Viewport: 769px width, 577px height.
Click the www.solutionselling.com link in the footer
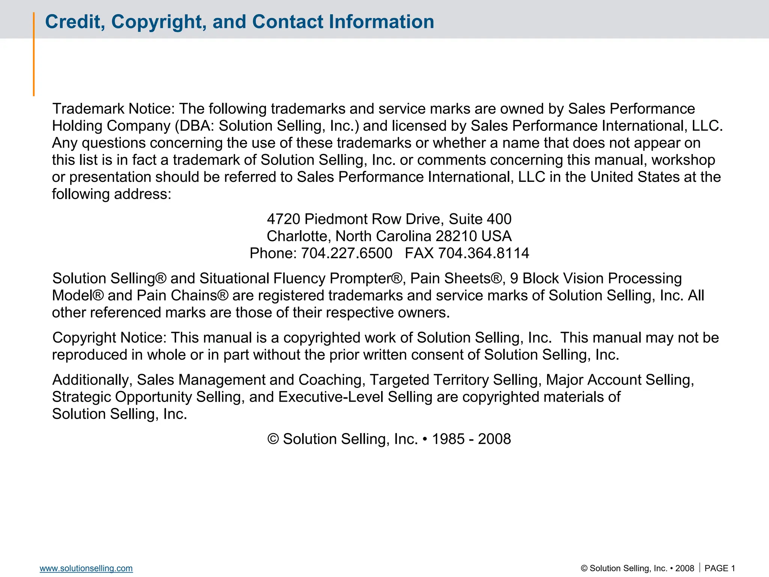86,568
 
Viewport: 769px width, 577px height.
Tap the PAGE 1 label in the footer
719,568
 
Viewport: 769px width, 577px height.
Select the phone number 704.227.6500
347,253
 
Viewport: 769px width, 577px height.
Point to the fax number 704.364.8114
484,253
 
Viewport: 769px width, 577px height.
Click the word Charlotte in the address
299,236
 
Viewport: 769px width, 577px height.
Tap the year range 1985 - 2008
471,439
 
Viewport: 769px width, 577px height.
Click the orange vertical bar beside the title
34,54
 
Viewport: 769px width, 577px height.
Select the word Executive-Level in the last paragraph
331,397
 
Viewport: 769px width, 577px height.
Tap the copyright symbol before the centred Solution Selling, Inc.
273,439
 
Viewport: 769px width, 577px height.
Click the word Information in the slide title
381,22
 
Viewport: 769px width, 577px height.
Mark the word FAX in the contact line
419,253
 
